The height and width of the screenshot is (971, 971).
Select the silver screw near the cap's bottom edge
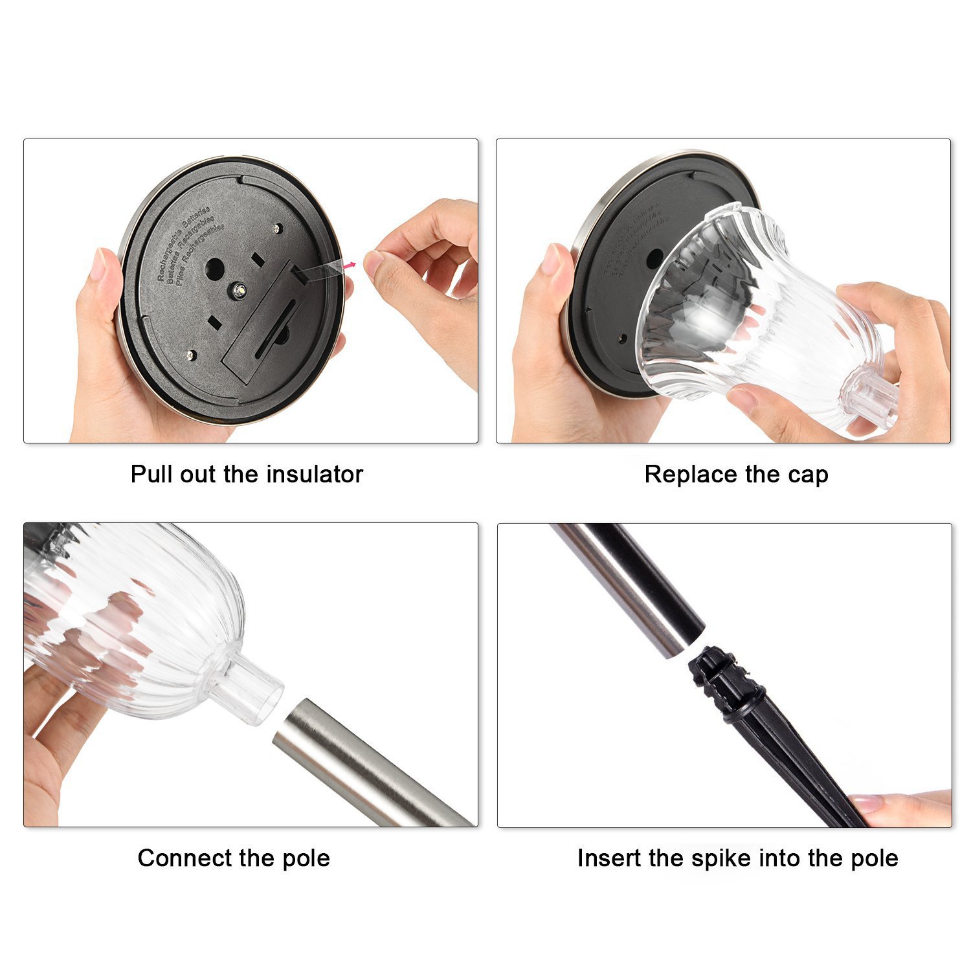click(x=191, y=354)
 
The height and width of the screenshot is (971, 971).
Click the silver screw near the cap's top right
click(x=277, y=228)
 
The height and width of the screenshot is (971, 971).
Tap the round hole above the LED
click(x=215, y=267)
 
